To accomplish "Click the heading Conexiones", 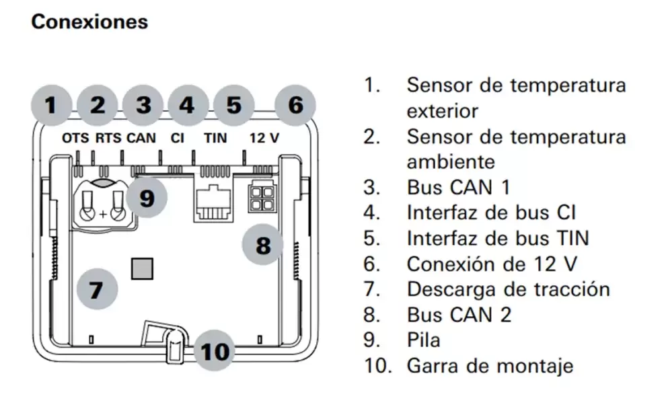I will coord(89,22).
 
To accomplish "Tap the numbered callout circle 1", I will coord(50,106).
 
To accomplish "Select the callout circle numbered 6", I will coord(296,106).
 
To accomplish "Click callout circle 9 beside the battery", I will coord(146,198).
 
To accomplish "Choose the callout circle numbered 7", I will coord(96,290).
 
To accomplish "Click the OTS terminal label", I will coord(75,139).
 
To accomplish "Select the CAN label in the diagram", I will coord(141,139).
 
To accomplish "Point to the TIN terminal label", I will coord(215,139).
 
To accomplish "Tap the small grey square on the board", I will coord(142,268).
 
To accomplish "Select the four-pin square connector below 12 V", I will coord(262,197).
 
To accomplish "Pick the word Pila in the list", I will coord(424,340).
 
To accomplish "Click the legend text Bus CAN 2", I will coord(459,314).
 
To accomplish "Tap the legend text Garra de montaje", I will coord(490,366).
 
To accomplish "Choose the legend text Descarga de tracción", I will coord(508,289).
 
